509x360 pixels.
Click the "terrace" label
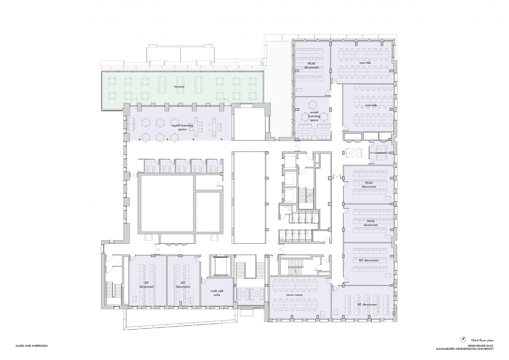[179, 87]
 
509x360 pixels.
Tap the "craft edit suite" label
[215, 293]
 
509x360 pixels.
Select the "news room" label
[294, 295]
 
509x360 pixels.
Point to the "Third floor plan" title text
[482, 340]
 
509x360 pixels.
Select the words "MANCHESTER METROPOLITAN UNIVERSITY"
[465, 349]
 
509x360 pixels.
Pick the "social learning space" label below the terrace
[182, 127]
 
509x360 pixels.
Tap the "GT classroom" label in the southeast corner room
[367, 304]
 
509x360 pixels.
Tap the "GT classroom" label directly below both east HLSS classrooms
[369, 261]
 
